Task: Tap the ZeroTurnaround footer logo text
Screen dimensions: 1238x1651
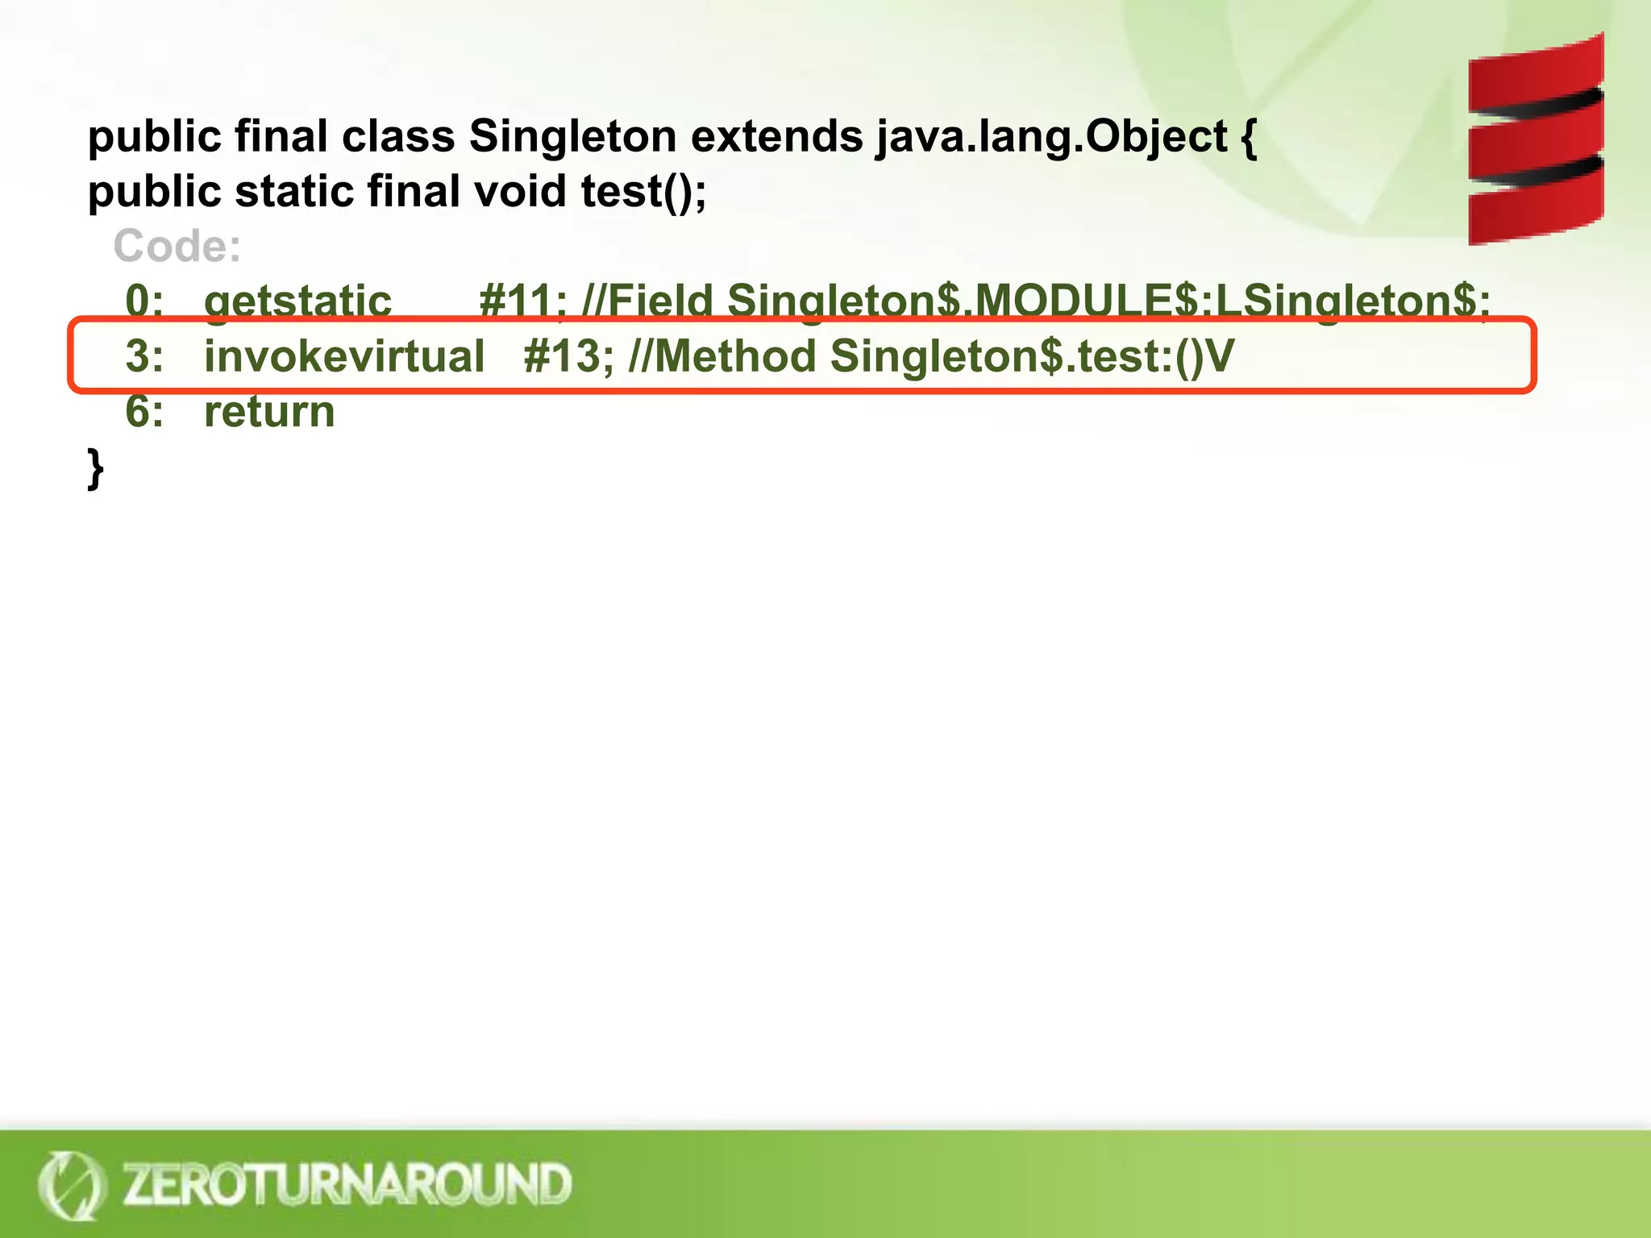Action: pyautogui.click(x=347, y=1184)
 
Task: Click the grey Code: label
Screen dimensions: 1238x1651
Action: pyautogui.click(x=177, y=246)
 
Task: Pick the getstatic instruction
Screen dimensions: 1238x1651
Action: pyautogui.click(x=297, y=301)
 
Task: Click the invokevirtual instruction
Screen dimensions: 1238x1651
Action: pyautogui.click(x=344, y=356)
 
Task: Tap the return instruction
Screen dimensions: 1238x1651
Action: pyautogui.click(x=269, y=412)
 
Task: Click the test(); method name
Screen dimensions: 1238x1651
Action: pyautogui.click(x=643, y=192)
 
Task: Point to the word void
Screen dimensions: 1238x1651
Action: pyautogui.click(x=520, y=192)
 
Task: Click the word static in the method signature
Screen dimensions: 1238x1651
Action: pyautogui.click(x=294, y=192)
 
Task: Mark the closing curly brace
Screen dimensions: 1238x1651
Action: pyautogui.click(x=95, y=469)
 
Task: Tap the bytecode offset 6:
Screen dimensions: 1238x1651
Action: pyautogui.click(x=144, y=412)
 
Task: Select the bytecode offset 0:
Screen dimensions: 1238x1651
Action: pyautogui.click(x=144, y=301)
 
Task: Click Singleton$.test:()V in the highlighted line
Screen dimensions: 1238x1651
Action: pyautogui.click(x=1032, y=356)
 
